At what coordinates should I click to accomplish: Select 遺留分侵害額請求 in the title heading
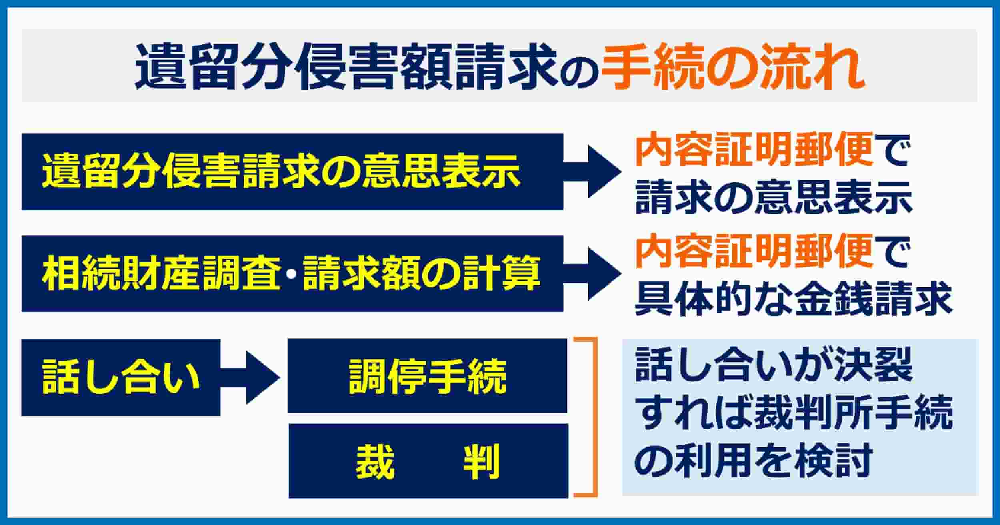[346, 66]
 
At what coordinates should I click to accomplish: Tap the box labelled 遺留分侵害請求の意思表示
[292, 172]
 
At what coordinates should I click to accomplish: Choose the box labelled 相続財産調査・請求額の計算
[292, 273]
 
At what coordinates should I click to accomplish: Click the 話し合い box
[121, 377]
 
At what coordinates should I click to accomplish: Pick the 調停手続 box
[427, 376]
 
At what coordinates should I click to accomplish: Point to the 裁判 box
[428, 461]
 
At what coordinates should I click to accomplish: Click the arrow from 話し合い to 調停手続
[250, 377]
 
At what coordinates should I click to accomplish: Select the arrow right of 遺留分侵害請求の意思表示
[592, 172]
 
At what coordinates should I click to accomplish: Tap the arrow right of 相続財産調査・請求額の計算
[592, 273]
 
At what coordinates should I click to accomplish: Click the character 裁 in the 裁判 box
[376, 461]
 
